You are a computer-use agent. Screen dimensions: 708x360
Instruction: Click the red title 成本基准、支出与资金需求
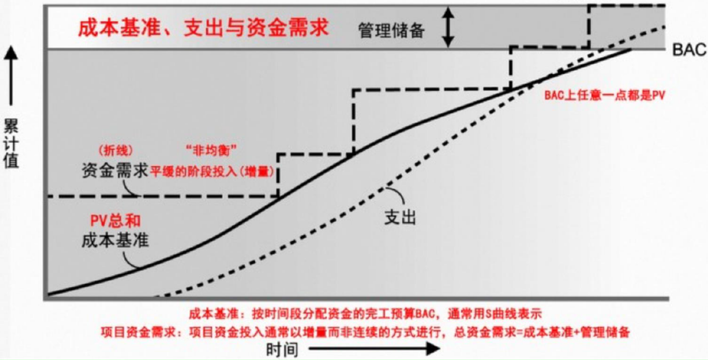click(203, 28)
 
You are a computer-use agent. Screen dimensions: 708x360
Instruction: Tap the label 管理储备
click(391, 31)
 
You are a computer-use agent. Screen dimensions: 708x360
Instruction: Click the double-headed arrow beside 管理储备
click(448, 27)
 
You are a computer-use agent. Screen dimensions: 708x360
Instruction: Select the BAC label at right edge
click(689, 50)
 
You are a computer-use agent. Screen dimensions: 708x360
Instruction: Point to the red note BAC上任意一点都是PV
click(605, 95)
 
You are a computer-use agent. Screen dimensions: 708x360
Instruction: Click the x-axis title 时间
click(282, 349)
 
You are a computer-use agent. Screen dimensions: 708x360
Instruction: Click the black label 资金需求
click(115, 171)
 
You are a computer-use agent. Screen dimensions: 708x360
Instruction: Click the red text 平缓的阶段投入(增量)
click(212, 171)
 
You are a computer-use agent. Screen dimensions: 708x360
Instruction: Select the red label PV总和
click(116, 221)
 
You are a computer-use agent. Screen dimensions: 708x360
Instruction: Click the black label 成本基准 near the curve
click(115, 240)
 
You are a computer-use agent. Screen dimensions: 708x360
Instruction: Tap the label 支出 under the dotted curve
click(400, 217)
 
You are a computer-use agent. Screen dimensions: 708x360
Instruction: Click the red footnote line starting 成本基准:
click(365, 314)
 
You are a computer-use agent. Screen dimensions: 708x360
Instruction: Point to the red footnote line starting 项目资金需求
click(365, 332)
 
